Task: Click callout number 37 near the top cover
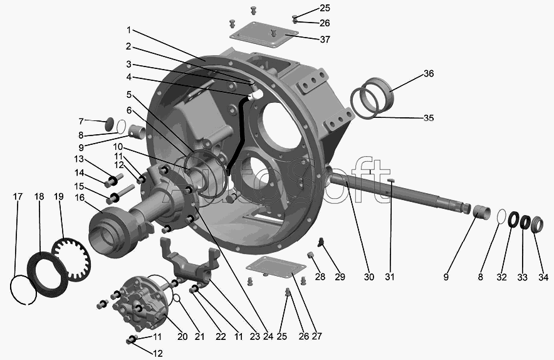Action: coord(325,40)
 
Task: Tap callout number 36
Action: coord(429,73)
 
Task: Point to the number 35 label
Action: coord(429,118)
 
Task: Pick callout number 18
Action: coord(39,197)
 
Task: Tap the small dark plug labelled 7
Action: coord(110,124)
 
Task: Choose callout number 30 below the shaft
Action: coord(369,277)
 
